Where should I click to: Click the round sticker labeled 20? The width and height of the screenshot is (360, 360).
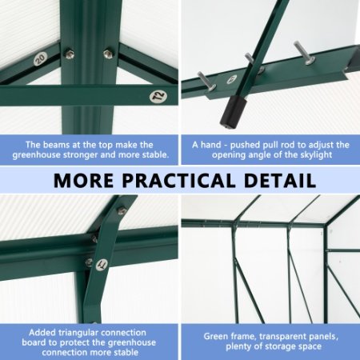pyautogui.click(x=40, y=58)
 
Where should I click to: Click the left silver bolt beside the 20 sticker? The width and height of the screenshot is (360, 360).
pyautogui.click(x=70, y=54)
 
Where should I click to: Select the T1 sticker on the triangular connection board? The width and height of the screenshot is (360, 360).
pyautogui.click(x=102, y=265)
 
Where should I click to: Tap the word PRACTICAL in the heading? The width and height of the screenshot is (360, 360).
pyautogui.click(x=185, y=180)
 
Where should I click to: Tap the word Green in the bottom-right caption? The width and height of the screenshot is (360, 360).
pyautogui.click(x=218, y=337)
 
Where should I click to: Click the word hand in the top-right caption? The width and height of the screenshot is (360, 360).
pyautogui.click(x=210, y=145)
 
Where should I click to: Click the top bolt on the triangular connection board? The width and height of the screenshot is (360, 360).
pyautogui.click(x=122, y=211)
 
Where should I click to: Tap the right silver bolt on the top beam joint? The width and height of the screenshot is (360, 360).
pyautogui.click(x=107, y=54)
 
